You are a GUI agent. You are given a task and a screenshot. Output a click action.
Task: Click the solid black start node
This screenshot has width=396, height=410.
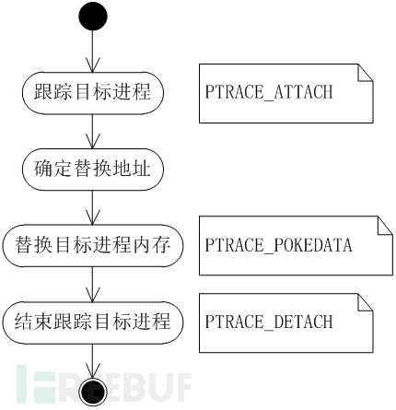point(93,16)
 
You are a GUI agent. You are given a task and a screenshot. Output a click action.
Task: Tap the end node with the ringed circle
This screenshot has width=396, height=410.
point(93,392)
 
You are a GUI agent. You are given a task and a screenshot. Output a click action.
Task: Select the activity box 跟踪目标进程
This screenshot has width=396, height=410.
point(93,93)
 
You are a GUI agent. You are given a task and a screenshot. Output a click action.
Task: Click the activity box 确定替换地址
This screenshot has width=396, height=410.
point(93,170)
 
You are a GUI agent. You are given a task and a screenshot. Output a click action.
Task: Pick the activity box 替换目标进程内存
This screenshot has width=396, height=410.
point(93,246)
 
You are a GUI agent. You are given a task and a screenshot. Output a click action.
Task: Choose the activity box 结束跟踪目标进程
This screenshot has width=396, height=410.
point(93,322)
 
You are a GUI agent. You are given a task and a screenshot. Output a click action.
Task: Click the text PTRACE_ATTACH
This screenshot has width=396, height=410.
point(269,92)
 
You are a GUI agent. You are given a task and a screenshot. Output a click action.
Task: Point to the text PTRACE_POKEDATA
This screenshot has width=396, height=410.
point(278,245)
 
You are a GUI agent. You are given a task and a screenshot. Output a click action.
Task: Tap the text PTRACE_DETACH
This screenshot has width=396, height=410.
point(269,322)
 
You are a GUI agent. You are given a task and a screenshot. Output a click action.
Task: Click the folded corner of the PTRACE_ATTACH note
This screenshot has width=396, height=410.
point(366,73)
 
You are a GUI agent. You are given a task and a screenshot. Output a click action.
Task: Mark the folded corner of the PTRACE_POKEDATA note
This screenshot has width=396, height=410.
point(385,225)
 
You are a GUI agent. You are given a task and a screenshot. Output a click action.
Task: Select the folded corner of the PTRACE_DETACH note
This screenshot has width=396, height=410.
point(366,302)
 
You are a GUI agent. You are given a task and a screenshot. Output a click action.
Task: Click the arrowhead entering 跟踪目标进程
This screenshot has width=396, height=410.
point(93,64)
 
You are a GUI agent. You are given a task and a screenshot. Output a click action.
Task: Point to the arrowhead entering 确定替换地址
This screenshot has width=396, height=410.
point(93,141)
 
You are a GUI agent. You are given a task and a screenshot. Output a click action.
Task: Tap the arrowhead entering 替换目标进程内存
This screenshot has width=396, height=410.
point(93,217)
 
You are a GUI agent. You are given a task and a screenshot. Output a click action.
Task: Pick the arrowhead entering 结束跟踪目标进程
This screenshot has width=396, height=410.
point(93,294)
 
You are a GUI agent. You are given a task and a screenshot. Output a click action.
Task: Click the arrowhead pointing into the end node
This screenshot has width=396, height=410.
point(93,371)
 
